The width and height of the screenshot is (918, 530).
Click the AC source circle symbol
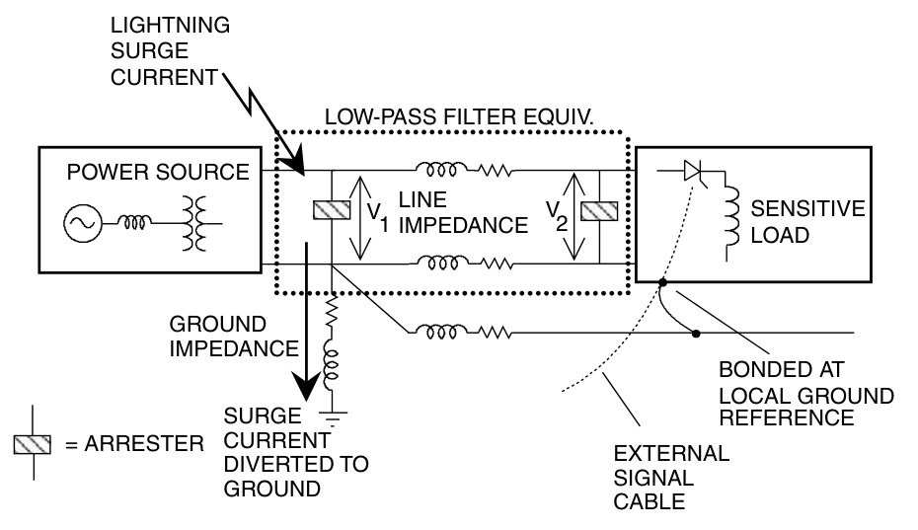tap(79, 224)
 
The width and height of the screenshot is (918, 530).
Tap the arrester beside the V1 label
tap(328, 210)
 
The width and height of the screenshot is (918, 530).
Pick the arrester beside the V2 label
tap(599, 210)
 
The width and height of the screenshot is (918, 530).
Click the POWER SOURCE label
tap(158, 174)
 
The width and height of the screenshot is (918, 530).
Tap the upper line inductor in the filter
tap(434, 169)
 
